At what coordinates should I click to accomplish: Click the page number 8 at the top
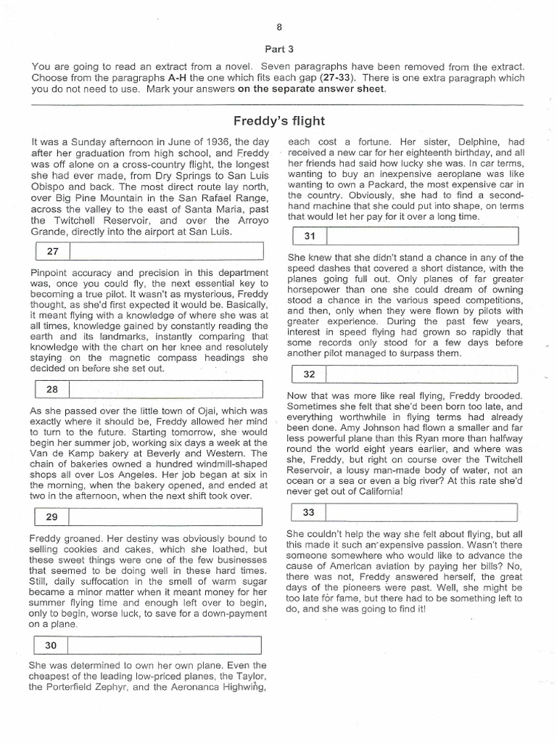(x=278, y=28)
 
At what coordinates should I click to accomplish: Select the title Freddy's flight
(x=278, y=120)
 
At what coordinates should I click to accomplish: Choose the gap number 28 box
(x=51, y=389)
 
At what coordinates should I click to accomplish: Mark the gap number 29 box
(x=51, y=517)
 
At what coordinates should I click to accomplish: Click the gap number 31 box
(x=308, y=236)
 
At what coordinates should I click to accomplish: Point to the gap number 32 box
(x=308, y=374)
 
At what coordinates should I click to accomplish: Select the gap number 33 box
(x=308, y=512)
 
